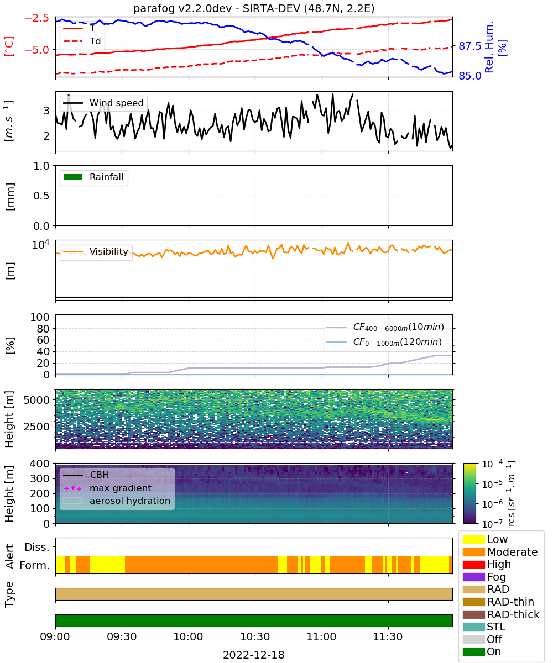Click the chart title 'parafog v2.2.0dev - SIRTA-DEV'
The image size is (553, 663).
coord(217,8)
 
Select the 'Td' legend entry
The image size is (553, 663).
coord(82,41)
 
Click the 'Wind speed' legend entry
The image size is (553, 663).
coord(103,103)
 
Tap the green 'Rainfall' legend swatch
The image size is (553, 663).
coord(73,177)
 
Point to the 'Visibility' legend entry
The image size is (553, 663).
coord(95,251)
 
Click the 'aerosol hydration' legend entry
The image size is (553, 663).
coord(117,501)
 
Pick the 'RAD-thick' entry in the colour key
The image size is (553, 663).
coord(501,614)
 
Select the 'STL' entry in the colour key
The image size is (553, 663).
coord(484,627)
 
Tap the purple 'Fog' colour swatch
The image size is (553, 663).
coord(473,577)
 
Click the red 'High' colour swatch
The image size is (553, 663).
coord(473,564)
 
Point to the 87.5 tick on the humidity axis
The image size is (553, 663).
coord(469,46)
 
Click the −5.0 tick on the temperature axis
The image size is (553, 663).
coord(37,50)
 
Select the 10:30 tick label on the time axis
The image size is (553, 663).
coord(255,636)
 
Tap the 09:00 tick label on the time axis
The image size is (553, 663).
coord(55,636)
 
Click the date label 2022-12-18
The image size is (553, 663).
coord(254,655)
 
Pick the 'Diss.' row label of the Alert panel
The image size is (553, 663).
coord(37,547)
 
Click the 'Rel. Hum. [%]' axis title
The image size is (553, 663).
coord(494,47)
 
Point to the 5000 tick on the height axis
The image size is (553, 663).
coord(36,400)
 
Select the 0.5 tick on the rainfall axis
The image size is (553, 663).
coord(41,196)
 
